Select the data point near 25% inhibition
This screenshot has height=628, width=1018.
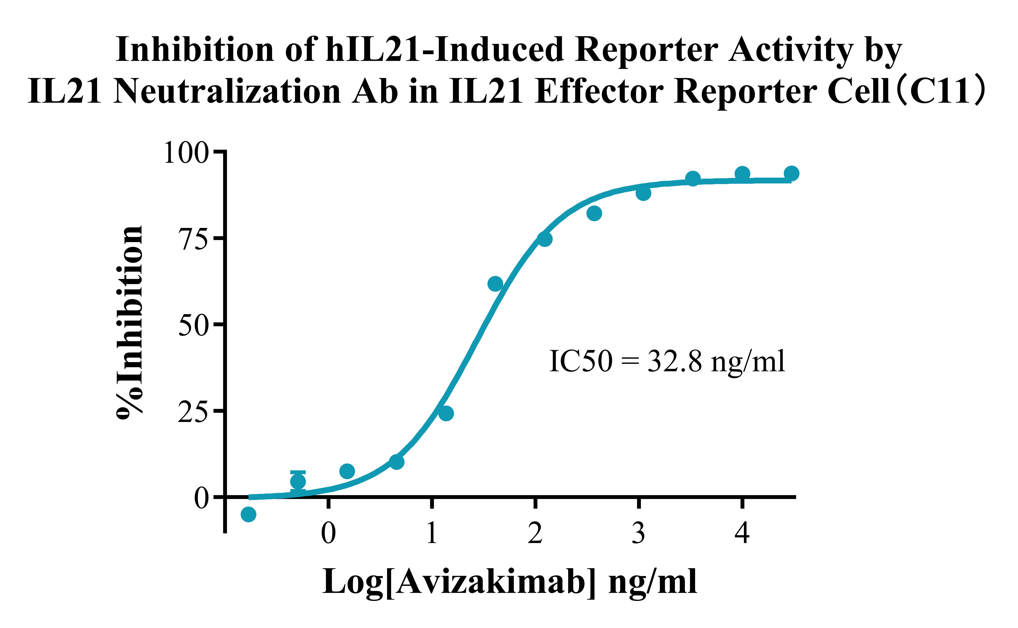coord(446,413)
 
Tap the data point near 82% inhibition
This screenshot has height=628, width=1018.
coord(594,213)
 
